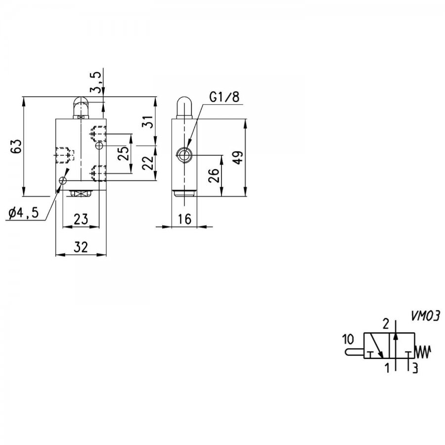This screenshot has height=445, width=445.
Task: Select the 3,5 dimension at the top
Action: [96, 82]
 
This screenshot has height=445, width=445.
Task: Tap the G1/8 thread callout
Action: [224, 97]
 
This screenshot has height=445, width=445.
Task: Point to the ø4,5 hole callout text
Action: [23, 213]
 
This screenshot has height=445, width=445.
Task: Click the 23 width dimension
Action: [81, 219]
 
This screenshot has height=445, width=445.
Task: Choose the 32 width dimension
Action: [81, 247]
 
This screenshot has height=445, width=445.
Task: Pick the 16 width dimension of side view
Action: [185, 219]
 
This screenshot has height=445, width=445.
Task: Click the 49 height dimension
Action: [238, 158]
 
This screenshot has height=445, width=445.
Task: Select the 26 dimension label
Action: [214, 176]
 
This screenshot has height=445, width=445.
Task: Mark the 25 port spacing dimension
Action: [124, 153]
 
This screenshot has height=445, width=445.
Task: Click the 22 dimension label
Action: [148, 163]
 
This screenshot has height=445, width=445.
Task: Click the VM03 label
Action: [425, 316]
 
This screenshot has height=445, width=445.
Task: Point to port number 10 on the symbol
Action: [348, 339]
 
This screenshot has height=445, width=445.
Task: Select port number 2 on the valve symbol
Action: [386, 324]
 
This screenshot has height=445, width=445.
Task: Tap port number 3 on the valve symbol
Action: [415, 368]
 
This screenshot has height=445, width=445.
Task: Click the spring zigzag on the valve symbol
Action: [423, 352]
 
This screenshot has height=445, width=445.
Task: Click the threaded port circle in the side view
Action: [184, 155]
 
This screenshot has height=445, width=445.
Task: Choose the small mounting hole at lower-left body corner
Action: [63, 180]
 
